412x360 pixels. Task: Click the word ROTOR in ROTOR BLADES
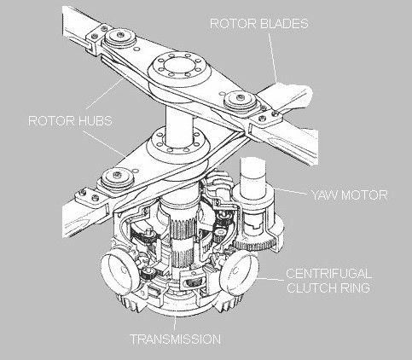click(x=233, y=23)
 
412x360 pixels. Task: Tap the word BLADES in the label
click(x=284, y=23)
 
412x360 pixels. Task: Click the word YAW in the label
click(x=325, y=195)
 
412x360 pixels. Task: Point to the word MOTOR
click(x=364, y=195)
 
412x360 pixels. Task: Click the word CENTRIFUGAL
click(x=328, y=274)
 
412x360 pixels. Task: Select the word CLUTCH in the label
click(x=311, y=287)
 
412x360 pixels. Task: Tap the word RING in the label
click(x=355, y=287)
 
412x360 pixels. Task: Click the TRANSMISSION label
click(x=176, y=339)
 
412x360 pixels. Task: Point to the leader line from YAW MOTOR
click(x=292, y=191)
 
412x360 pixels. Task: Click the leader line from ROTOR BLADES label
click(x=273, y=56)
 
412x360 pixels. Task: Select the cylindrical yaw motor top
click(x=252, y=177)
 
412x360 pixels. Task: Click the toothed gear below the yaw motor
click(x=254, y=245)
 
